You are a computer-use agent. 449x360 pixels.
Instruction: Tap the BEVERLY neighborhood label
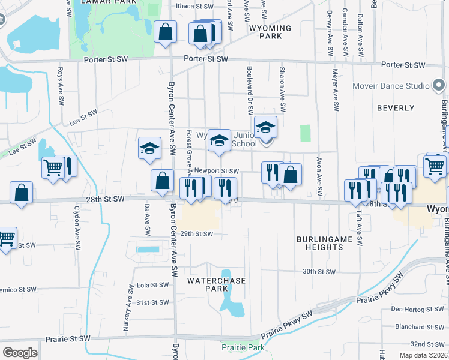tap(396, 108)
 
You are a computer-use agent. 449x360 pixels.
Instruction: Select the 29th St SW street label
tap(197, 233)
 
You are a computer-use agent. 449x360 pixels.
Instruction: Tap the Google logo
tap(20, 353)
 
